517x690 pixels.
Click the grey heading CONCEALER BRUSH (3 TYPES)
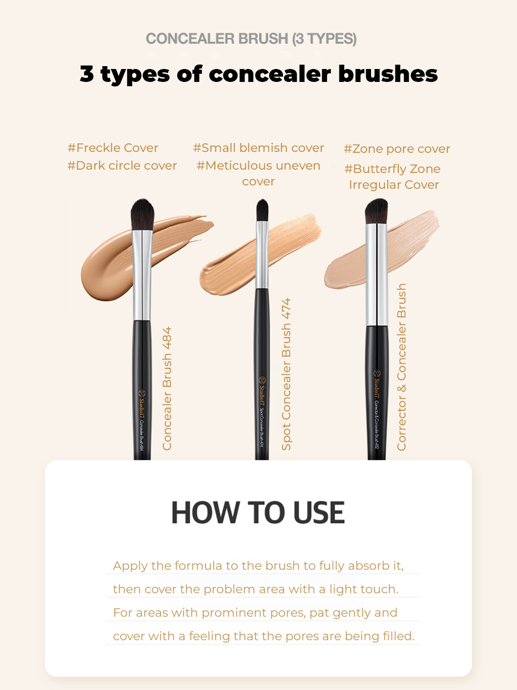click(x=251, y=39)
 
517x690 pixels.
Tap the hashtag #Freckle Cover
click(x=113, y=148)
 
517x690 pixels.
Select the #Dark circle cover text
click(x=122, y=166)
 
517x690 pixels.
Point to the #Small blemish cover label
click(x=258, y=148)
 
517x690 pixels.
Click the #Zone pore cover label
click(x=397, y=149)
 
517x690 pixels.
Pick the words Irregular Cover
click(x=393, y=185)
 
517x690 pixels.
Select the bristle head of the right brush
click(x=376, y=211)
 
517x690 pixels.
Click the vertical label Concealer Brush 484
click(x=167, y=389)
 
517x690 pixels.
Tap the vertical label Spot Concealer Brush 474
click(x=286, y=374)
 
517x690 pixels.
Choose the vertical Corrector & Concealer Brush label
click(x=401, y=367)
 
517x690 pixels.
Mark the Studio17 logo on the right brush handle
click(x=377, y=374)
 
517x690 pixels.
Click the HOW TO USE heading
click(x=258, y=513)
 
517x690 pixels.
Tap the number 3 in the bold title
click(x=87, y=74)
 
